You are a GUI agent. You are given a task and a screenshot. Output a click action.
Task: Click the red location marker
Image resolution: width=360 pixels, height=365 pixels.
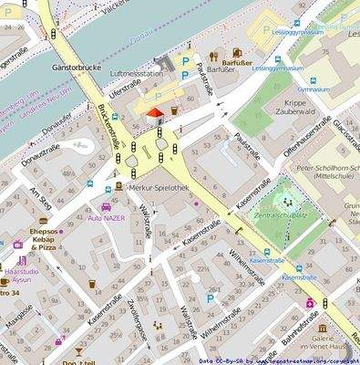coord(153,112)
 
